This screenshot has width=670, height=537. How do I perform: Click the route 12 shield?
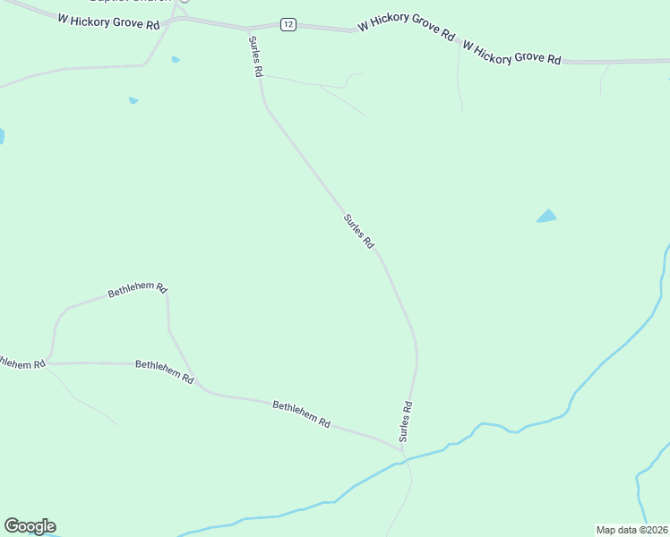click(x=287, y=24)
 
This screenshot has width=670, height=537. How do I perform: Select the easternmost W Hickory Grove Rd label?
click(x=511, y=52)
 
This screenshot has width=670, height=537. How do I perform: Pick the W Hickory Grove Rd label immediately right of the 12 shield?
click(x=406, y=28)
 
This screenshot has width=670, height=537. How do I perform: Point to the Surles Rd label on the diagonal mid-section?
click(x=358, y=231)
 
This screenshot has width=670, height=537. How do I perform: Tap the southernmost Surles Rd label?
click(x=406, y=420)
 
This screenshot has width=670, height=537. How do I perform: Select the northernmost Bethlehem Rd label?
click(x=137, y=290)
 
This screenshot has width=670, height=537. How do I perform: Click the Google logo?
click(x=30, y=526)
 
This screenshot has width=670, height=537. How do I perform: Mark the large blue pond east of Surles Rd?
click(x=546, y=217)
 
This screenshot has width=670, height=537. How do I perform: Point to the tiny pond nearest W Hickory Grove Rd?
click(x=176, y=60)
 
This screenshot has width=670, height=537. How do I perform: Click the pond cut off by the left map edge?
click(x=2, y=136)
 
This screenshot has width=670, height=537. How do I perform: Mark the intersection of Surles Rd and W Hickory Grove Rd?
click(x=248, y=29)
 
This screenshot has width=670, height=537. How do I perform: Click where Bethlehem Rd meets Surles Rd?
click(x=400, y=445)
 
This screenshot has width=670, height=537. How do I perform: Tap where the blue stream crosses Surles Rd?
click(x=405, y=460)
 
